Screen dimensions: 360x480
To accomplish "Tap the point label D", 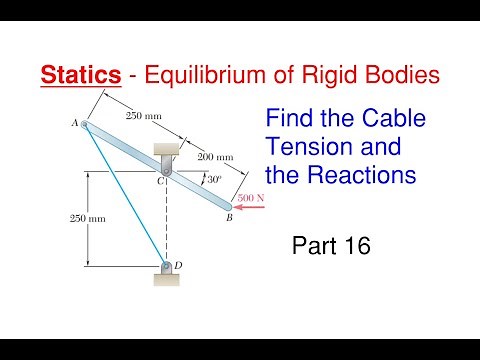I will click(178, 265).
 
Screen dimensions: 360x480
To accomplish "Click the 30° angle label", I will click(211, 180).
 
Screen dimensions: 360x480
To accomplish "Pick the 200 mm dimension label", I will click(214, 157).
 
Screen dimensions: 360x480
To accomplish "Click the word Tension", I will click(305, 148).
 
